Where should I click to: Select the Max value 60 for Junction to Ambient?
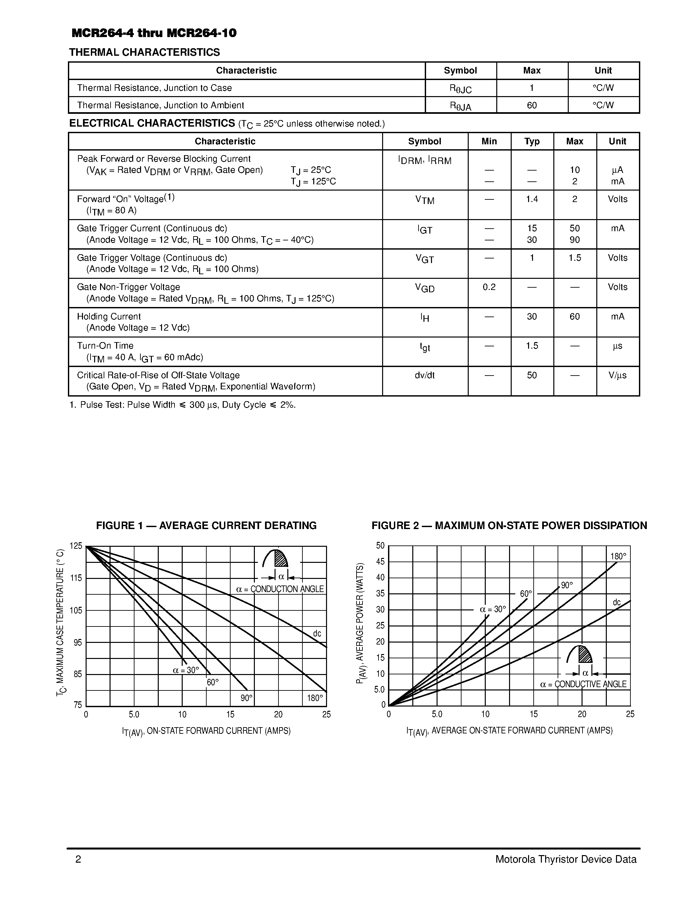(x=531, y=105)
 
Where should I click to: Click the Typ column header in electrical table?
(x=532, y=141)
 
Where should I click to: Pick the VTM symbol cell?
(x=424, y=200)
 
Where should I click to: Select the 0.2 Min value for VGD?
(x=489, y=287)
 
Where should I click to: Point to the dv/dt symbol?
(x=424, y=375)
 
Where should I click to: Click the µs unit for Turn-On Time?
(x=617, y=346)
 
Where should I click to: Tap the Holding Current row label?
(x=109, y=317)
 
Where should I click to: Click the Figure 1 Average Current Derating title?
(x=206, y=525)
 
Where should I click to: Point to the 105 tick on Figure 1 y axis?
(x=76, y=610)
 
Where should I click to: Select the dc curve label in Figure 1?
(x=317, y=634)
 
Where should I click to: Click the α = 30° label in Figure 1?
(x=186, y=670)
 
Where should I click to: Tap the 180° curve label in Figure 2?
(x=618, y=556)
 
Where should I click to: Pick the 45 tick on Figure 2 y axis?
(x=380, y=561)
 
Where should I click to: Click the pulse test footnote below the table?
(x=182, y=405)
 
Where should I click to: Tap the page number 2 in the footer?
(x=78, y=859)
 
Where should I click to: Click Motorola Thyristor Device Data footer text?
(x=566, y=859)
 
